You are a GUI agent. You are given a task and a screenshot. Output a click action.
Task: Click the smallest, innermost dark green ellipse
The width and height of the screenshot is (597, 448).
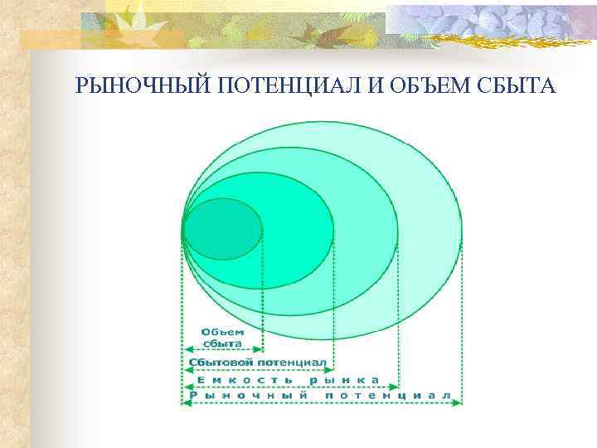[222, 229]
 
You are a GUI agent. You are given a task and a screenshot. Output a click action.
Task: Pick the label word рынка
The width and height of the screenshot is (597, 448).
[344, 380]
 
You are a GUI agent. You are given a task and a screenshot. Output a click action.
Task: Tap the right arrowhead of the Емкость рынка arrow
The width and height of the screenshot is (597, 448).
[395, 387]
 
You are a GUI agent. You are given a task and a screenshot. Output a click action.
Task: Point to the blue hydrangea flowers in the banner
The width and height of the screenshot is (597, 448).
[498, 21]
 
